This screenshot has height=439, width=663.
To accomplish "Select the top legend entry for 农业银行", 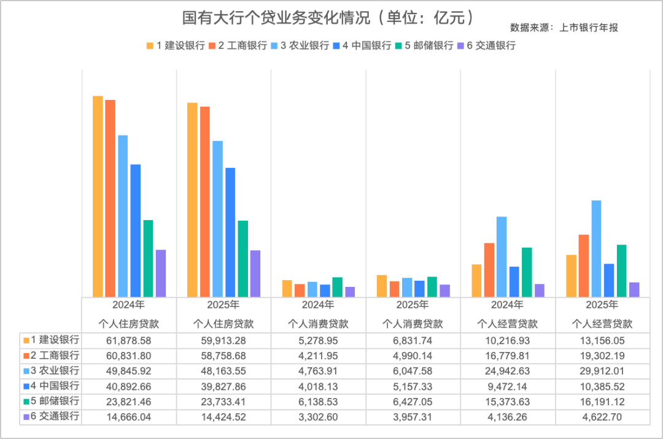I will coord(304,46).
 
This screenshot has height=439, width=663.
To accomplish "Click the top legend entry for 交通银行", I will coord(490,46).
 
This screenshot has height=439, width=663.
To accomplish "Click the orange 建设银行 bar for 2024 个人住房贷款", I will coord(98,196).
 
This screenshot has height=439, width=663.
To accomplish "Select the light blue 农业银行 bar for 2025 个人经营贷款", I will coord(596,248).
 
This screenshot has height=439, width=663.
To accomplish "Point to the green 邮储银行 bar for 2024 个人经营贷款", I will coord(527,272).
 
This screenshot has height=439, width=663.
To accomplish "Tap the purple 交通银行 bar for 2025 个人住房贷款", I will coord(255,273).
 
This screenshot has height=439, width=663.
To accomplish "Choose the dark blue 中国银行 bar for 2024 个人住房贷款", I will coord(136,230).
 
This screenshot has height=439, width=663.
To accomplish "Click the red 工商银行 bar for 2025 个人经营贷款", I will coord(584,265).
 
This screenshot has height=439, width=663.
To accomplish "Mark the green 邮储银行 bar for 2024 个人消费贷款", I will coord(337,287).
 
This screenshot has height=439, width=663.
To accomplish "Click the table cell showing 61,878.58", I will coord(129,340).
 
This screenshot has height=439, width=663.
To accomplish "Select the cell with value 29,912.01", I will coord(602,371).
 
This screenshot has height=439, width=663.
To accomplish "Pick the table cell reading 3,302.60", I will coord(319,416).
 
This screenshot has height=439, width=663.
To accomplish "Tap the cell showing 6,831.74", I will coord(413,340).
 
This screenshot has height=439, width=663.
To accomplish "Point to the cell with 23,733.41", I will coord(223,401).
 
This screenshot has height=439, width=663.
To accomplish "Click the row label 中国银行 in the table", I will coord(55,386).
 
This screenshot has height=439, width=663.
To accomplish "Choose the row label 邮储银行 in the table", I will coord(55,401).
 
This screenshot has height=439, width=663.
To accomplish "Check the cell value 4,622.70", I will coord(602,416).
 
